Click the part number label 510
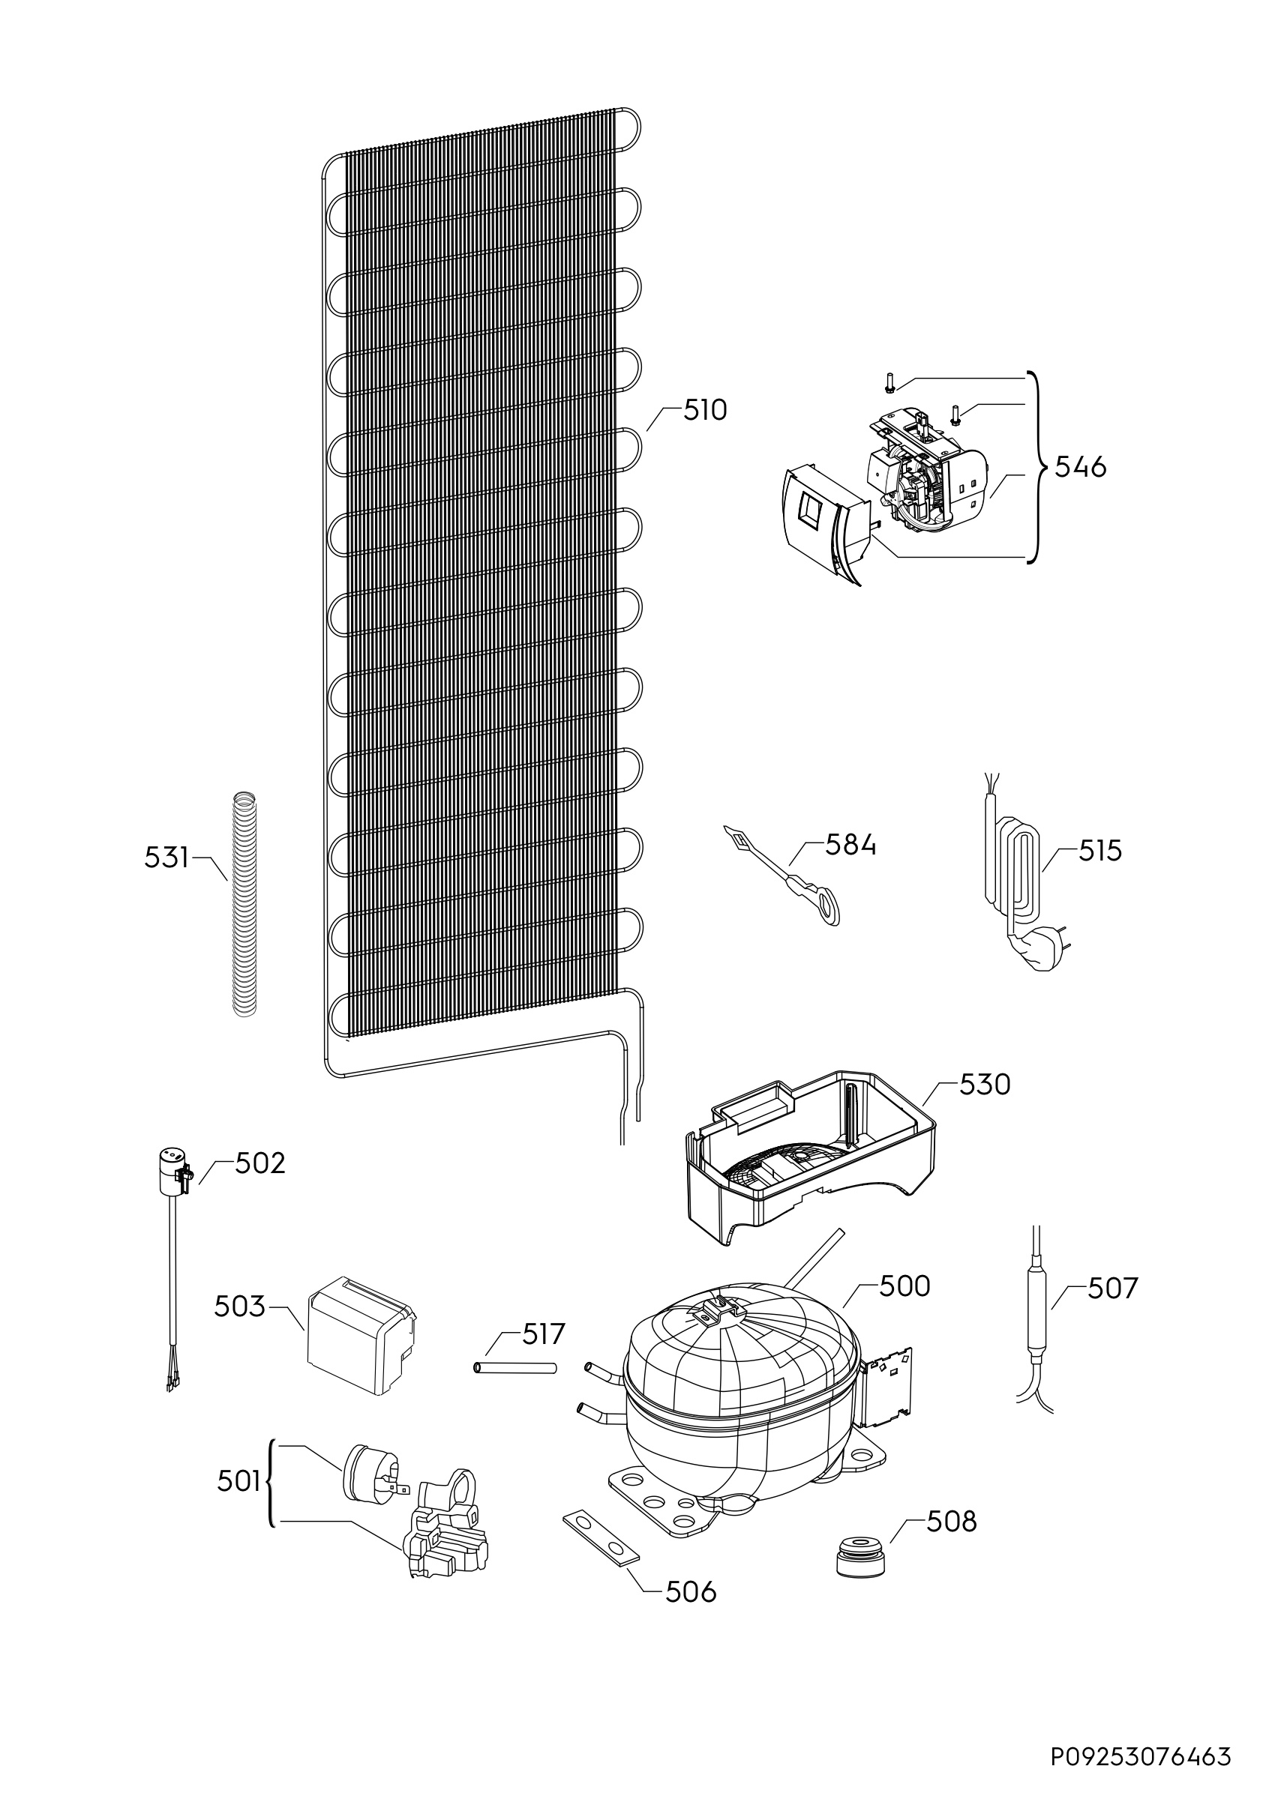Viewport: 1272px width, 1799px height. tap(704, 411)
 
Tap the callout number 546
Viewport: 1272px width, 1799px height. tap(1080, 467)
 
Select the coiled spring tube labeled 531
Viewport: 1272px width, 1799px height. tap(245, 905)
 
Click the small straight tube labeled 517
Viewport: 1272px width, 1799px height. tap(515, 1368)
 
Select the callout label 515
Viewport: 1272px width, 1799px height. tap(1099, 851)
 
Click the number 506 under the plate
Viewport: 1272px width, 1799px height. tap(691, 1591)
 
